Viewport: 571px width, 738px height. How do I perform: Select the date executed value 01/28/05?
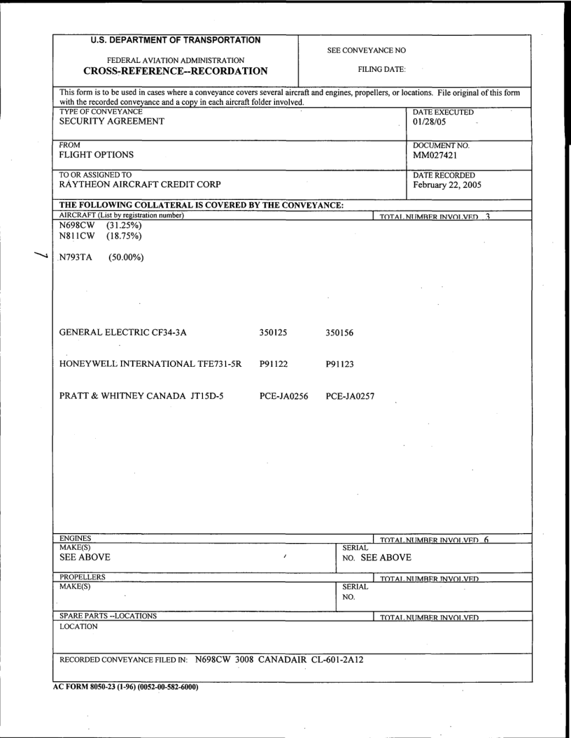pos(424,122)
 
